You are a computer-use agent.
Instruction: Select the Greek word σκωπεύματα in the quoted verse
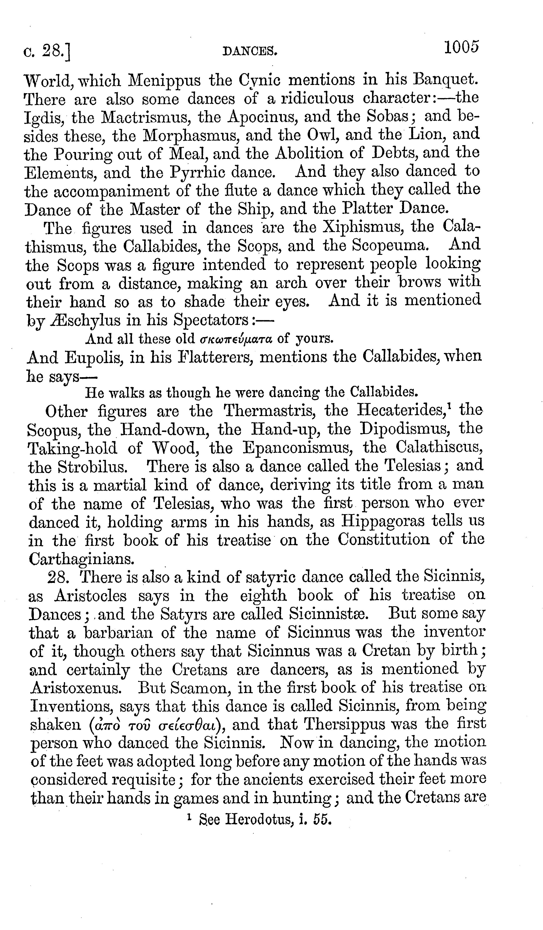click(x=236, y=338)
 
